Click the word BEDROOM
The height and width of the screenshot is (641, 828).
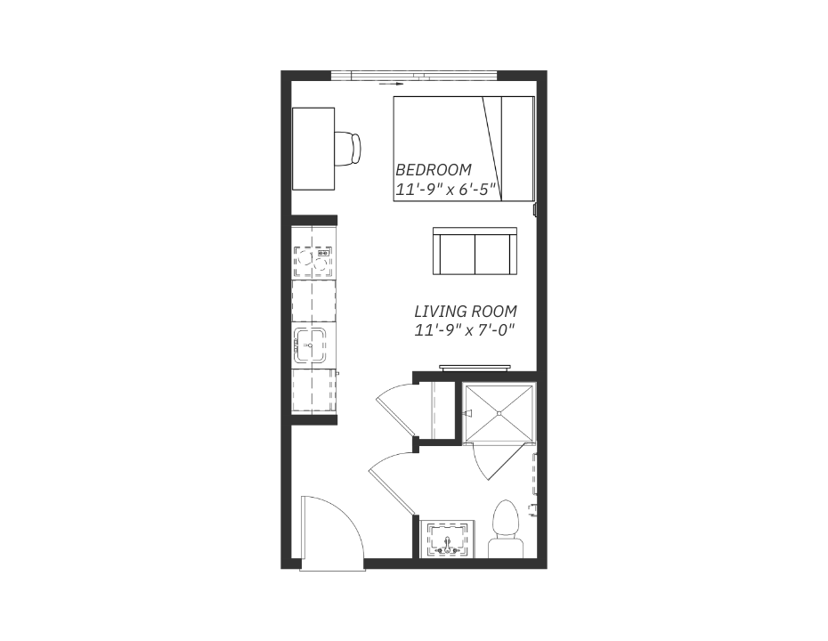[x=433, y=170]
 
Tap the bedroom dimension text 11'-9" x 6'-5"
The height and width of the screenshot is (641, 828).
[x=447, y=190]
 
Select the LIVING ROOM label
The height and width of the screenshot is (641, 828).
[x=466, y=311]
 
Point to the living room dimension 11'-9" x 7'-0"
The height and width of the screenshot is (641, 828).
[x=465, y=330]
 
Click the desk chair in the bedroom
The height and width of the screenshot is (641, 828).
[x=347, y=149]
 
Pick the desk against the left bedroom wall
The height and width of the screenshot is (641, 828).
[x=313, y=149]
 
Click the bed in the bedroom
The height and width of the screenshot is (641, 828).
[x=464, y=149]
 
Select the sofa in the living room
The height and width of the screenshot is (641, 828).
[x=475, y=251]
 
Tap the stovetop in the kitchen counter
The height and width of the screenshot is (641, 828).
[x=314, y=262]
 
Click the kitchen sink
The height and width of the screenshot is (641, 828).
[x=310, y=345]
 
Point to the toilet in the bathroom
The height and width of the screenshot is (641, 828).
[x=506, y=528]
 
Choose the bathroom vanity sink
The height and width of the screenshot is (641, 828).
[x=449, y=540]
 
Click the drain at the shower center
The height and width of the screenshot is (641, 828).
[x=499, y=413]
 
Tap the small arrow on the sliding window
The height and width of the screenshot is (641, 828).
[x=391, y=84]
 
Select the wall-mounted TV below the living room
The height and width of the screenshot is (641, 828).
[x=475, y=367]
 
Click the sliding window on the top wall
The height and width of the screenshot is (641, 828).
[x=415, y=76]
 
